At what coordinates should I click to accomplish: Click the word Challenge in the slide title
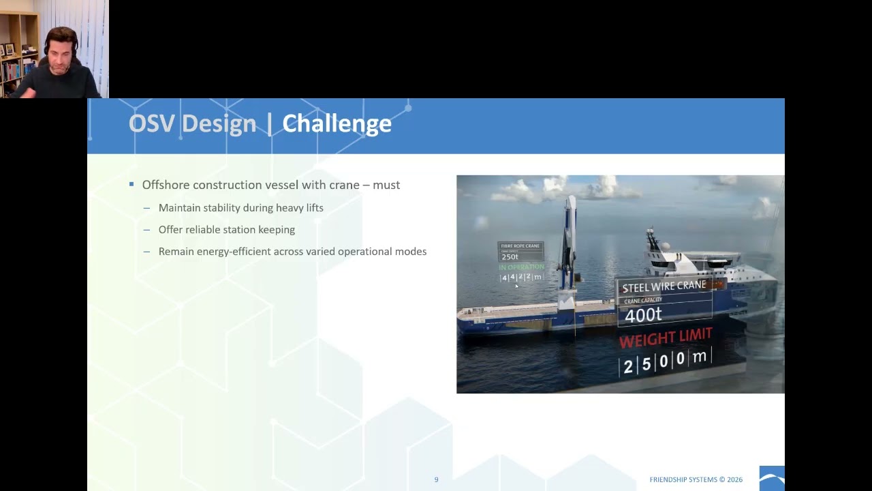click(x=337, y=123)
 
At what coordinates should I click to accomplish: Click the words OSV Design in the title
click(x=192, y=123)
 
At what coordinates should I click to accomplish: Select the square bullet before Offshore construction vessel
click(x=131, y=184)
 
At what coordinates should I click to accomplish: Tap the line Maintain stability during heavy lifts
click(x=240, y=208)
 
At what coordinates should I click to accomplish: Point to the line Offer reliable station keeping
click(x=226, y=230)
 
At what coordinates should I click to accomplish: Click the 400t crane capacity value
click(x=643, y=314)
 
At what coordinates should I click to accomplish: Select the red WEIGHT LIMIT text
click(x=665, y=338)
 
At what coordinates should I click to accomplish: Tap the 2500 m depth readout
click(x=666, y=360)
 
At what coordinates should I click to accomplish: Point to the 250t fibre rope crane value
click(x=510, y=257)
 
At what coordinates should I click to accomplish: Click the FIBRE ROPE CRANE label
click(x=520, y=245)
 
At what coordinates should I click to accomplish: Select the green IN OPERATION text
click(x=521, y=267)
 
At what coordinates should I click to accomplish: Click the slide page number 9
click(x=436, y=480)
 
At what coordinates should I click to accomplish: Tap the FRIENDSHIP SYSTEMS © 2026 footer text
click(x=696, y=480)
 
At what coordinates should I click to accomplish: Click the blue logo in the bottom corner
click(x=772, y=478)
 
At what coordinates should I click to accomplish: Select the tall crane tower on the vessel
click(x=569, y=245)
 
